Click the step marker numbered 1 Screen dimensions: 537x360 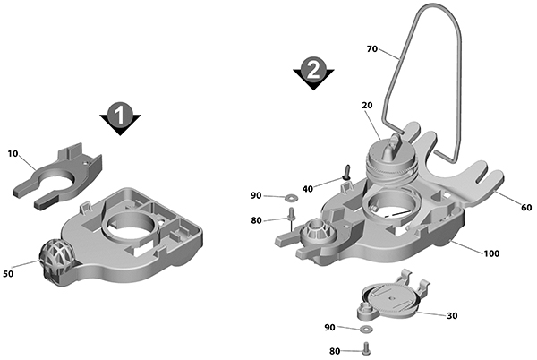click(120, 118)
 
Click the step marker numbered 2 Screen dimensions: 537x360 click(313, 73)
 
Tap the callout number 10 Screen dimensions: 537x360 click(13, 154)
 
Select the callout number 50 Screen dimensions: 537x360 click(8, 274)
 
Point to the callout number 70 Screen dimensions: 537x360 click(372, 49)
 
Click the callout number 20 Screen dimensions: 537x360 click(367, 106)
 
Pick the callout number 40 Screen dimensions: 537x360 click(308, 189)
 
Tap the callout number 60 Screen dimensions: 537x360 click(526, 207)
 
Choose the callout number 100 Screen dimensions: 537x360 click(491, 253)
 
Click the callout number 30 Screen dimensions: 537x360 click(452, 315)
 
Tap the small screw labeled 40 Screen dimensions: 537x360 click(347, 172)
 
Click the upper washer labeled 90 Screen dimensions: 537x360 click(292, 197)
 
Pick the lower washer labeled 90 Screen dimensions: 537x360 click(366, 329)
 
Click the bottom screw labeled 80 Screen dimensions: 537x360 click(366, 348)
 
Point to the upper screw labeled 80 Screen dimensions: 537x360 click(292, 215)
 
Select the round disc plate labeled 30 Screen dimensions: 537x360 click(391, 299)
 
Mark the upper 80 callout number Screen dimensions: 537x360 click(256, 220)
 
